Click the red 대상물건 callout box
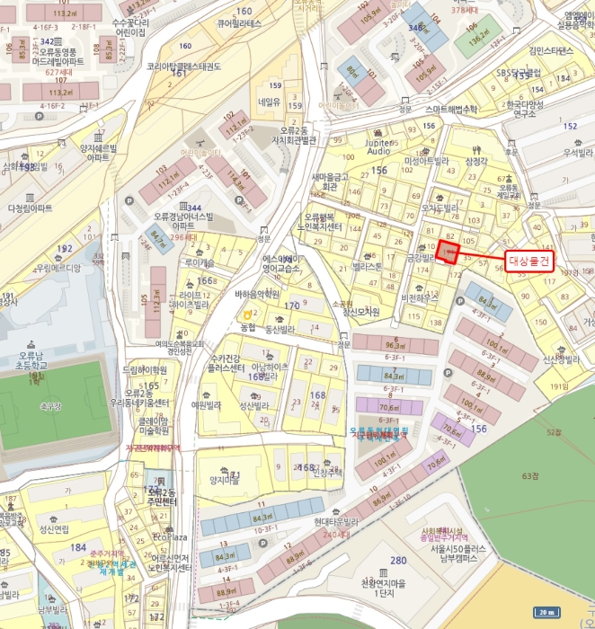pos(528,260)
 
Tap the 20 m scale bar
pos(546,612)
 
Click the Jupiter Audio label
pos(379,146)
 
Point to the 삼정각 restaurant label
pos(476,161)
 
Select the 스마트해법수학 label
pos(465,109)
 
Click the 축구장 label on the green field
pos(51,407)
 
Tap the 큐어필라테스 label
pos(236,23)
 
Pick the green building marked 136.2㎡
pos(478,40)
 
